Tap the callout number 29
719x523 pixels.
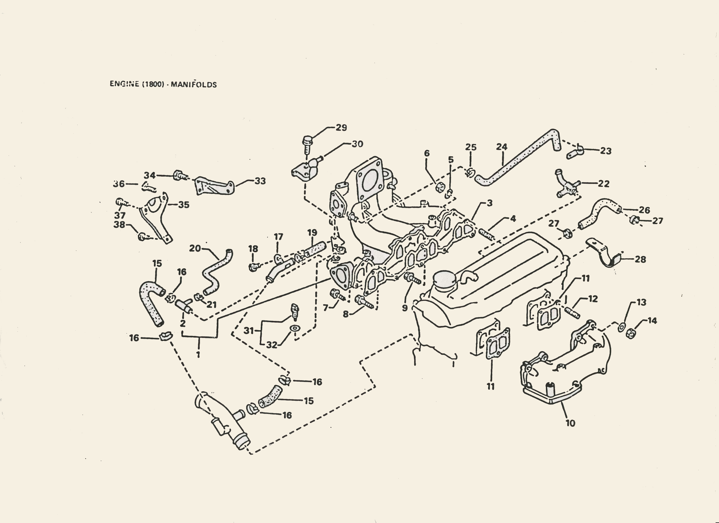pos(341,128)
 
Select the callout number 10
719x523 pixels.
pos(570,423)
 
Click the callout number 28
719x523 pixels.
pos(640,259)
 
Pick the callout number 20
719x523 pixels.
pos(195,248)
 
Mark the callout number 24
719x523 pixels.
pos(502,147)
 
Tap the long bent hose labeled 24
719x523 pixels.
pos(520,157)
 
